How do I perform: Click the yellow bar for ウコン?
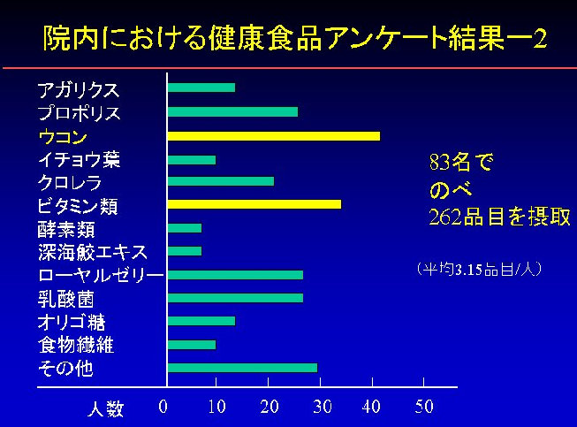274,136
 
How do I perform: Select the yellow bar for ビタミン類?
254,204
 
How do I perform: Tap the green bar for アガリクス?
201,88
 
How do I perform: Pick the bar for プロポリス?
232,112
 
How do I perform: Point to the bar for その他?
242,367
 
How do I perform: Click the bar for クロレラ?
221,181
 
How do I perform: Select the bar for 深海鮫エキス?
185,251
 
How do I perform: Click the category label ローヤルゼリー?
100,276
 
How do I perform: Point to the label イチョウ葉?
79,160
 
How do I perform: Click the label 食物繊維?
76,344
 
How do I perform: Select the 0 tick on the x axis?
163,408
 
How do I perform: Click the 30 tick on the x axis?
323,408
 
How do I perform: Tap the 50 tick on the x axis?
424,408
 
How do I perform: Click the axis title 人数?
105,409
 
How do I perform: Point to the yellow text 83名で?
459,163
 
